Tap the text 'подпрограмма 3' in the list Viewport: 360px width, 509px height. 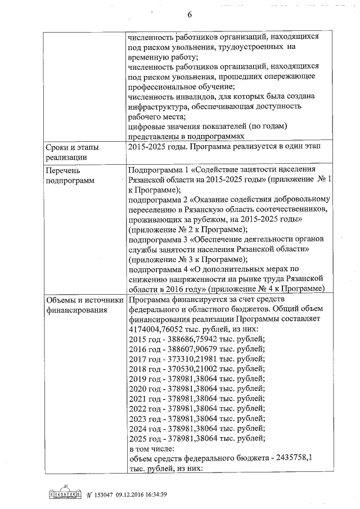point(157,240)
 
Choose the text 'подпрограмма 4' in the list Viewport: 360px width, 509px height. point(157,269)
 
